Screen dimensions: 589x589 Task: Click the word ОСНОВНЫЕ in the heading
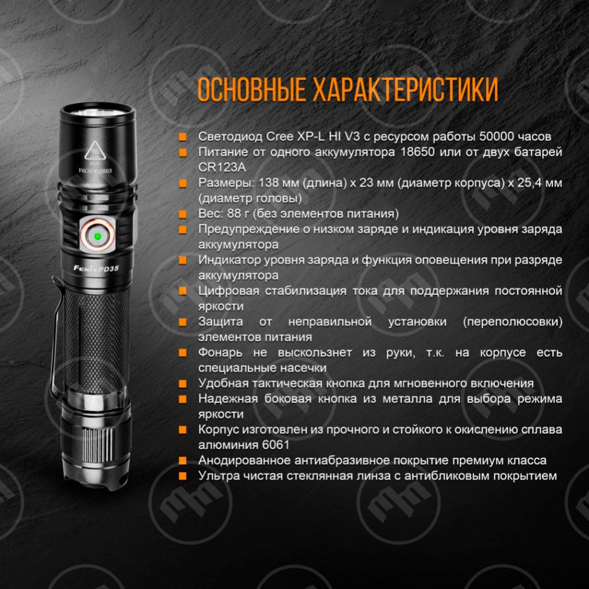pyautogui.click(x=251, y=89)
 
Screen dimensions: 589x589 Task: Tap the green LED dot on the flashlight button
pyautogui.click(x=97, y=237)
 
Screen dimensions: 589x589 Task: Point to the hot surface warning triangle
pyautogui.click(x=95, y=151)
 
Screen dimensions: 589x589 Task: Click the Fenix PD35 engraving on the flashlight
pyautogui.click(x=96, y=268)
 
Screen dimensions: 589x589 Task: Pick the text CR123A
pyautogui.click(x=222, y=167)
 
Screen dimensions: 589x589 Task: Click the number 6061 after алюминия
pyautogui.click(x=276, y=445)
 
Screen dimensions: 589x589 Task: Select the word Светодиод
pyautogui.click(x=230, y=137)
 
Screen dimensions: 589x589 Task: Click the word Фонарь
pyautogui.click(x=220, y=352)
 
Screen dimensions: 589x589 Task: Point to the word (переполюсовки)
pyautogui.click(x=513, y=321)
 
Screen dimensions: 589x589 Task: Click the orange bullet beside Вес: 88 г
pyautogui.click(x=183, y=214)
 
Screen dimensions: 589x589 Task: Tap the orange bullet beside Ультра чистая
pyautogui.click(x=183, y=475)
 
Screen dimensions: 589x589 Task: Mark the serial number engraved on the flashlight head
pyautogui.click(x=95, y=171)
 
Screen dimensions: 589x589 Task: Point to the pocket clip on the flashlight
pyautogui.click(x=57, y=338)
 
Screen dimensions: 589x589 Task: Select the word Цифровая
pyautogui.click(x=229, y=291)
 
